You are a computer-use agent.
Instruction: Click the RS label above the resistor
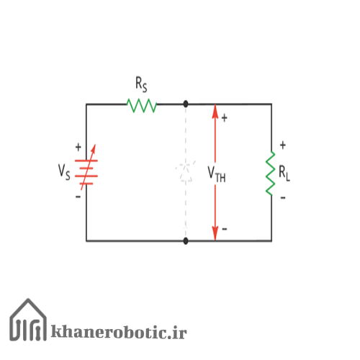(x=141, y=84)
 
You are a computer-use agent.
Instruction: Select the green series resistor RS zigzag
(x=142, y=105)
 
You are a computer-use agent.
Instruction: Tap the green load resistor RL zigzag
(x=270, y=173)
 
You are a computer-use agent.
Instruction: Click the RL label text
(x=284, y=174)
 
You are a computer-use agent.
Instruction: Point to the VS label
(x=64, y=172)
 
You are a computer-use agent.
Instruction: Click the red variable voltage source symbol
(x=86, y=167)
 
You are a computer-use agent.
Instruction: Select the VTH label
(x=217, y=174)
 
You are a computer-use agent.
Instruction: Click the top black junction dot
(x=186, y=104)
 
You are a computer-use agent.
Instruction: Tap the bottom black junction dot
(x=186, y=240)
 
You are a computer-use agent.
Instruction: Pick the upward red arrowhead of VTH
(x=215, y=112)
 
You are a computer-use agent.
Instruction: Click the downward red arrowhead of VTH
(x=215, y=233)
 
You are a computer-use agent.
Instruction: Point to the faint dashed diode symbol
(x=186, y=171)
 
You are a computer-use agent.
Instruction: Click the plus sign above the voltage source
(x=78, y=147)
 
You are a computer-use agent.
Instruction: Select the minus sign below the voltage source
(x=78, y=197)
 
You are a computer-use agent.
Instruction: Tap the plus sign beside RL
(x=283, y=145)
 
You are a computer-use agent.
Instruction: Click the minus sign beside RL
(x=283, y=198)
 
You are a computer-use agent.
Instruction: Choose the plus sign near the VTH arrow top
(x=224, y=118)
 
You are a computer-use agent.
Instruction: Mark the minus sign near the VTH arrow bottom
(x=225, y=229)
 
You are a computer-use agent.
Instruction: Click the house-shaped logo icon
(x=28, y=320)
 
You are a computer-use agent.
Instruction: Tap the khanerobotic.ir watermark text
(x=119, y=332)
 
